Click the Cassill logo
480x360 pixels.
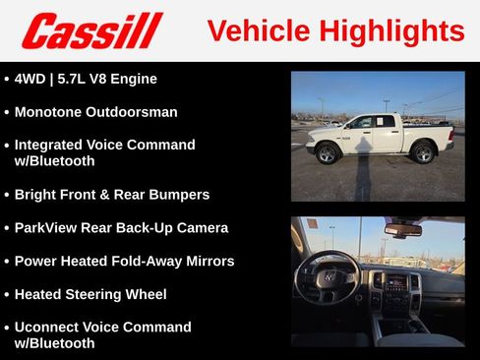click(x=91, y=30)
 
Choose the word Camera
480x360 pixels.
click(x=200, y=228)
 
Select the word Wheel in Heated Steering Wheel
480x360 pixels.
click(x=145, y=294)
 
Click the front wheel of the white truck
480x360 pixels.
click(x=328, y=153)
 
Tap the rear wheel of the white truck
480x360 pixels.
click(x=424, y=152)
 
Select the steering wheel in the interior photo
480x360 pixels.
click(x=329, y=279)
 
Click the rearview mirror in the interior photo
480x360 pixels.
click(x=402, y=229)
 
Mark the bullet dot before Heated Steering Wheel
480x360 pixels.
click(x=7, y=295)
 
